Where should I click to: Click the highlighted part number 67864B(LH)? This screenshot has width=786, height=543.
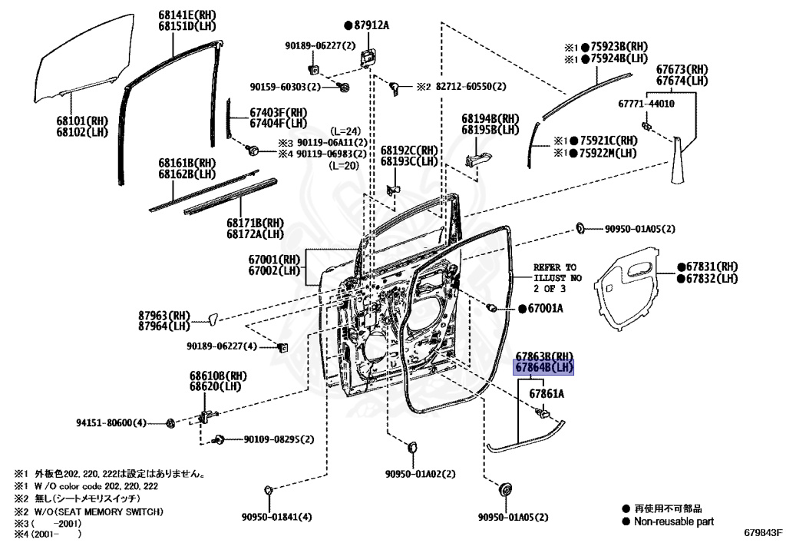(x=544, y=367)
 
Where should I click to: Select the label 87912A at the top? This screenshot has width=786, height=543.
(x=371, y=25)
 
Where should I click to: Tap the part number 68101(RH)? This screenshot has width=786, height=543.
(x=82, y=121)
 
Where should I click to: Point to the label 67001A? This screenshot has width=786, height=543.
(x=545, y=308)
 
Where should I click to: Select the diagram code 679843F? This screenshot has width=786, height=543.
(x=762, y=532)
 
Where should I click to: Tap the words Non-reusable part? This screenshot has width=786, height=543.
(x=673, y=521)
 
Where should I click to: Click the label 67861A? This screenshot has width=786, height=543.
(x=547, y=394)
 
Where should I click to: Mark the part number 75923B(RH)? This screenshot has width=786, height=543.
(x=619, y=47)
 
